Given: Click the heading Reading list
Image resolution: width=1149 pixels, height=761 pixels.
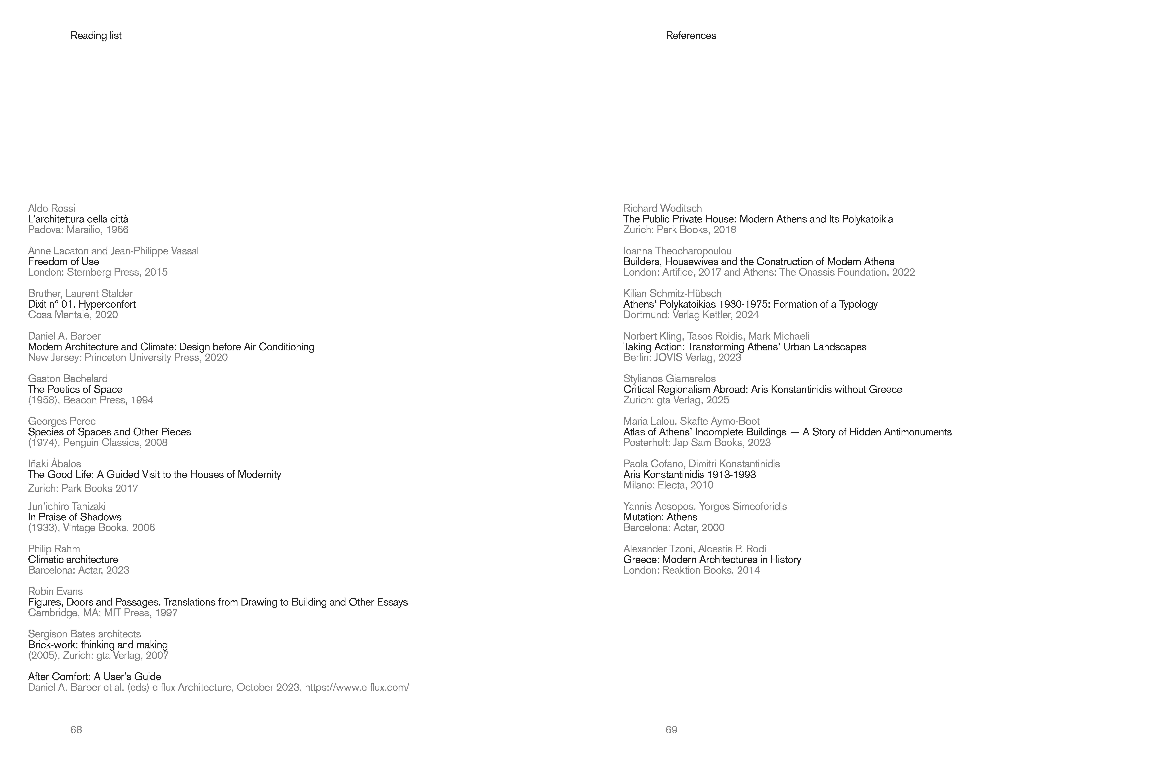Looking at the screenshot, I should [x=96, y=35].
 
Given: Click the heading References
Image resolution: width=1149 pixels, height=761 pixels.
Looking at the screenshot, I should [x=690, y=35].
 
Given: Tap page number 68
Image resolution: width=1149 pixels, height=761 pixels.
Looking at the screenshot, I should [x=76, y=729].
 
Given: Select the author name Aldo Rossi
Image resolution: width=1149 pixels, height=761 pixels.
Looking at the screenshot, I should [x=51, y=208].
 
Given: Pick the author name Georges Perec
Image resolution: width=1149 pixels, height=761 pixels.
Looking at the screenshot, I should [x=62, y=421].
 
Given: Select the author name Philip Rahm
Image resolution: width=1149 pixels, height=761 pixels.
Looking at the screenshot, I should [x=54, y=548].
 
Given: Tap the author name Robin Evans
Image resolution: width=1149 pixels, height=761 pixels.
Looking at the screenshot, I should [x=55, y=591].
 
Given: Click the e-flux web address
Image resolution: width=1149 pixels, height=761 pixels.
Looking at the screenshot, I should [x=357, y=687].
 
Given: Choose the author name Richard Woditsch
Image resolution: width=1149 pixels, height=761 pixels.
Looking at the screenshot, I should [x=662, y=208].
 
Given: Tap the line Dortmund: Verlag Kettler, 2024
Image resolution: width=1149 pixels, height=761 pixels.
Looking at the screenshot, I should [x=690, y=314].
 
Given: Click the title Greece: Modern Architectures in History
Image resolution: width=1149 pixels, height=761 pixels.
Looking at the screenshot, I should [x=712, y=560].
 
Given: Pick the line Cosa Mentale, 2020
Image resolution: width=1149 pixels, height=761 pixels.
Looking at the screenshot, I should [x=73, y=314].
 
